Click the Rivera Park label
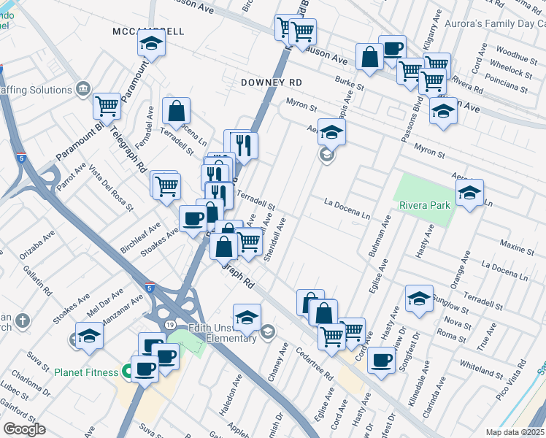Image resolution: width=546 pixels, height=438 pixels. tap(423, 205)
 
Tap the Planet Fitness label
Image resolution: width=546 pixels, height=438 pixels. tap(85, 372)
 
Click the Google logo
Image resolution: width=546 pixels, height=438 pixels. tap(24, 429)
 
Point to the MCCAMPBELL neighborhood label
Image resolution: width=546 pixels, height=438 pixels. tap(149, 32)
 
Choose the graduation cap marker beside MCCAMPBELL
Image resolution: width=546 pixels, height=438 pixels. tap(151, 44)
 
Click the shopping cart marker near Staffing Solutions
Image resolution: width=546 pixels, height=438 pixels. tap(107, 107)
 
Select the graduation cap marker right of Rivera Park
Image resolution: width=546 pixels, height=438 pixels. tap(469, 193)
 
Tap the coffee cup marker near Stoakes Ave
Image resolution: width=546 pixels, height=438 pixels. tap(193, 218)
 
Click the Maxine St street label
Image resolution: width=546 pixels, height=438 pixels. tap(517, 245)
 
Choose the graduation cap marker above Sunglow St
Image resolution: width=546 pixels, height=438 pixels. tap(418, 299)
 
